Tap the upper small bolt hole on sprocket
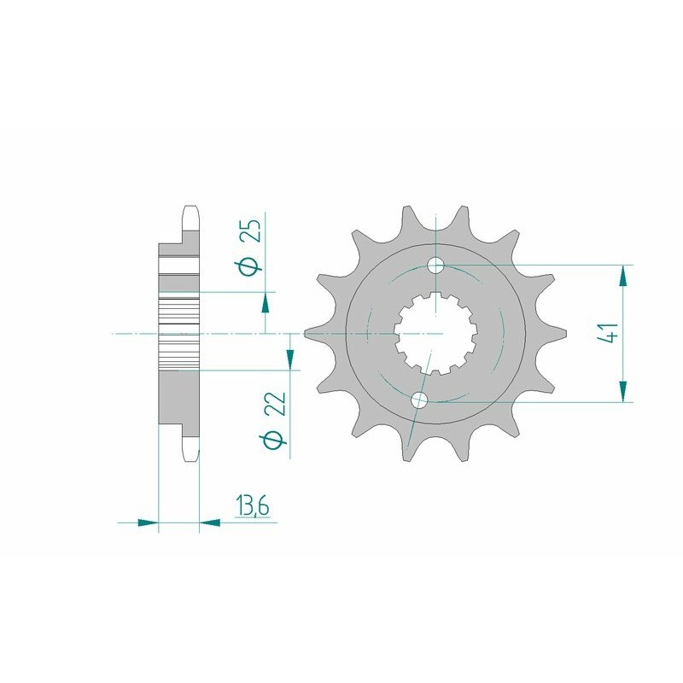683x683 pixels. (436, 265)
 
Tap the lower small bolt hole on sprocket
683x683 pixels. (419, 400)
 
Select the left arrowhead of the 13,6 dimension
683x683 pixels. (149, 520)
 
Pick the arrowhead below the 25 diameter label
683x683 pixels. (266, 302)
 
